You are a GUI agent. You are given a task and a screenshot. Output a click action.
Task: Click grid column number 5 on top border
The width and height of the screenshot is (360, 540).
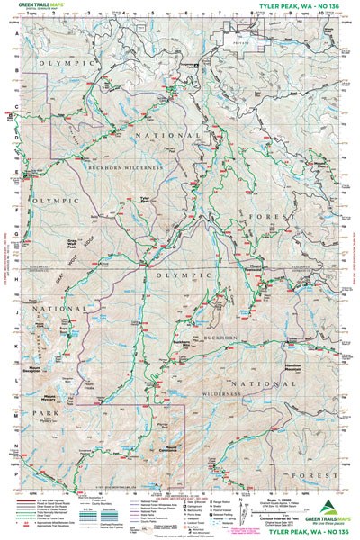[152, 15]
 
